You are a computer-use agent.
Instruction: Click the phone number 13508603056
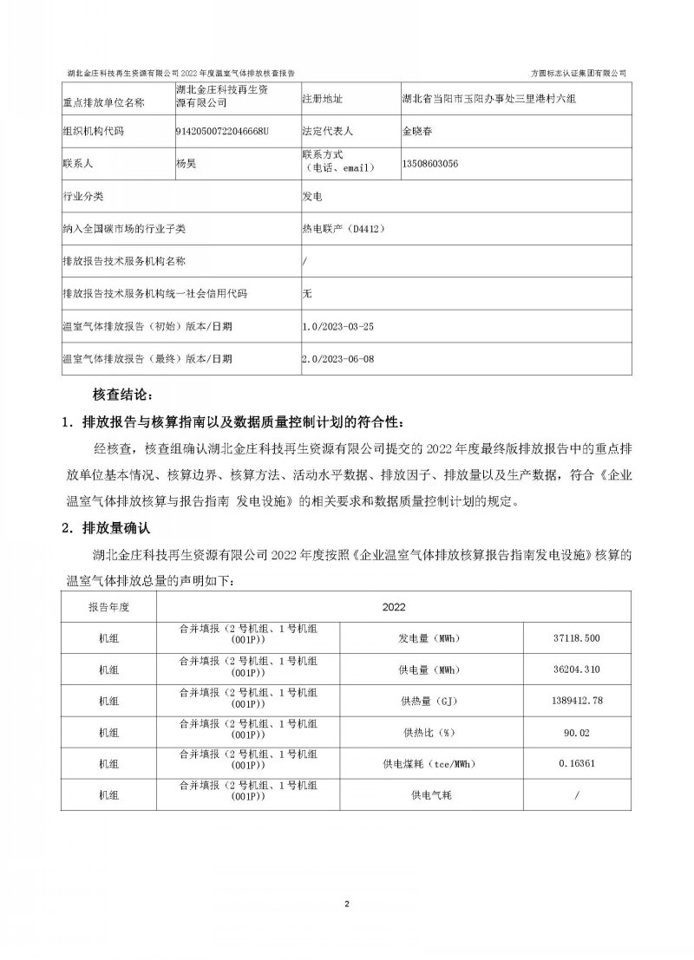431,163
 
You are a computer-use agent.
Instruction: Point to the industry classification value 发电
311,197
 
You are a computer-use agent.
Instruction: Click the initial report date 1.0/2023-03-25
337,326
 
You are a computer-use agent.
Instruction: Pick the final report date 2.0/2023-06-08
337,357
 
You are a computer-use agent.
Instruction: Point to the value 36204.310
575,669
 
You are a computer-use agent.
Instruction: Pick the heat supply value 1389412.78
575,700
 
